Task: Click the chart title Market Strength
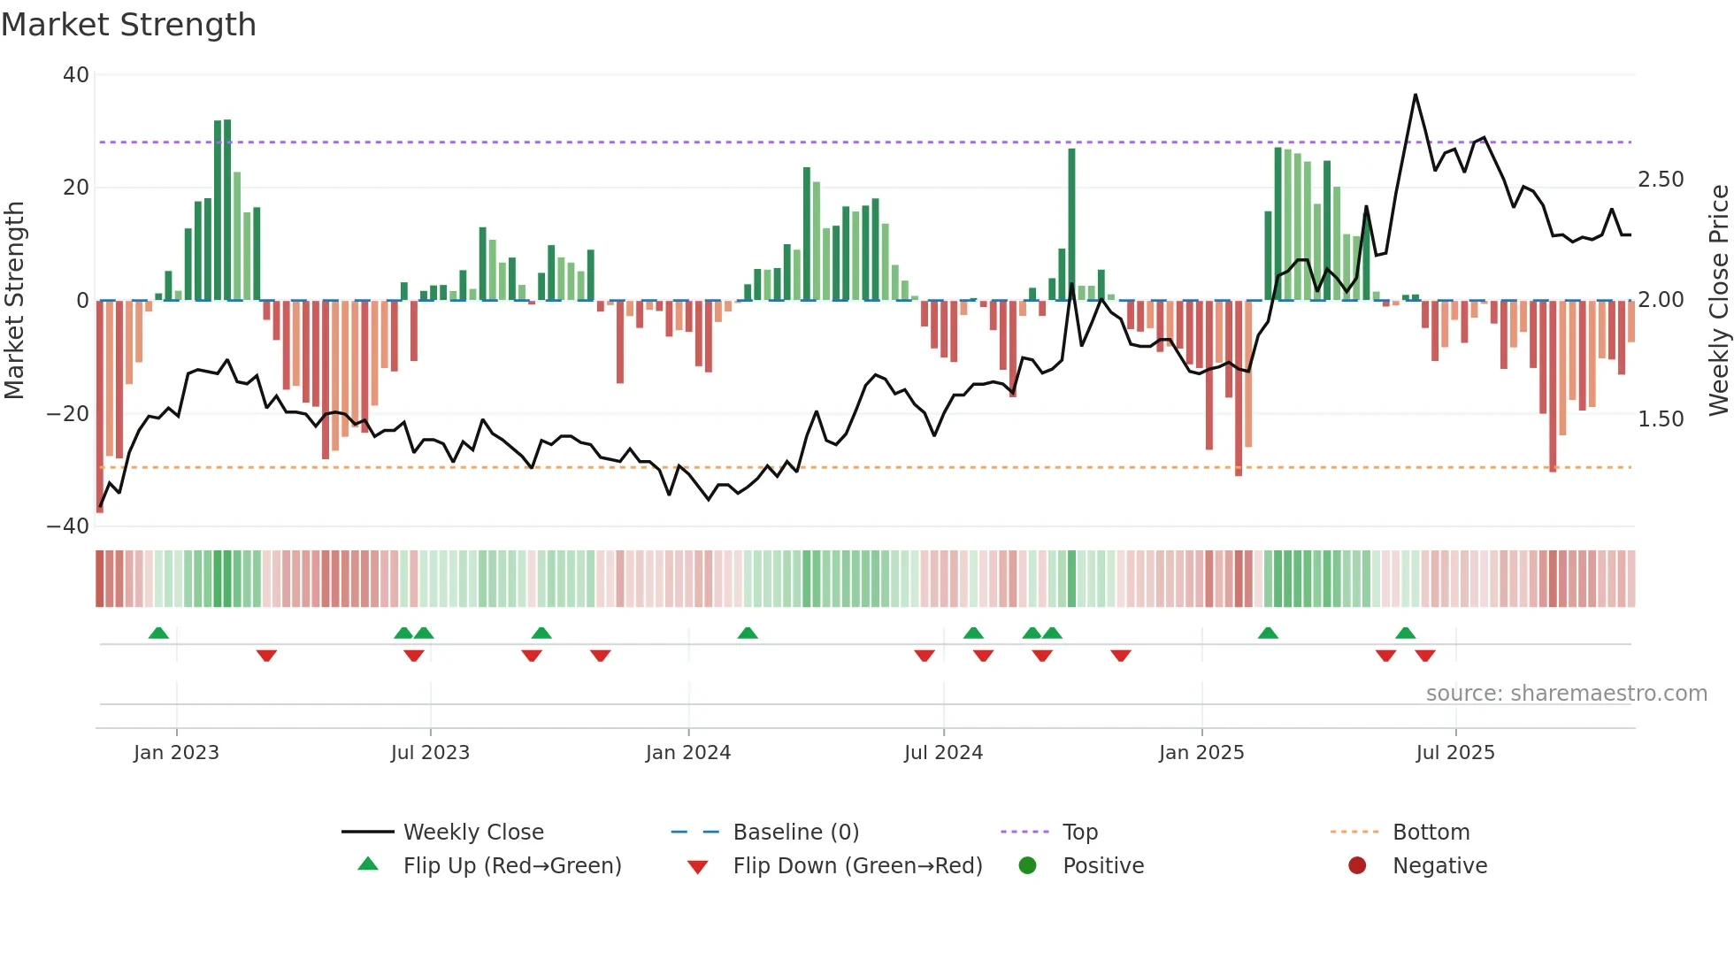(128, 25)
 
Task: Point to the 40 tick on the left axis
(76, 75)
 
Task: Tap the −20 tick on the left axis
(68, 414)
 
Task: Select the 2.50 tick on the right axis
(1661, 180)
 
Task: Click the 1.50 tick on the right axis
(1661, 419)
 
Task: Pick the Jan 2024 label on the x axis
(687, 753)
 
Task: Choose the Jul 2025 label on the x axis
(1454, 753)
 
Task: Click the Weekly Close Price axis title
(1718, 300)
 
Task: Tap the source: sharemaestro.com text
(1566, 694)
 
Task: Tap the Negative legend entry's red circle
(1357, 866)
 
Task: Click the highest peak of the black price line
(1416, 95)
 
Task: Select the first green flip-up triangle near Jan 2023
(158, 633)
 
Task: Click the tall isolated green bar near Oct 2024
(1071, 221)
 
